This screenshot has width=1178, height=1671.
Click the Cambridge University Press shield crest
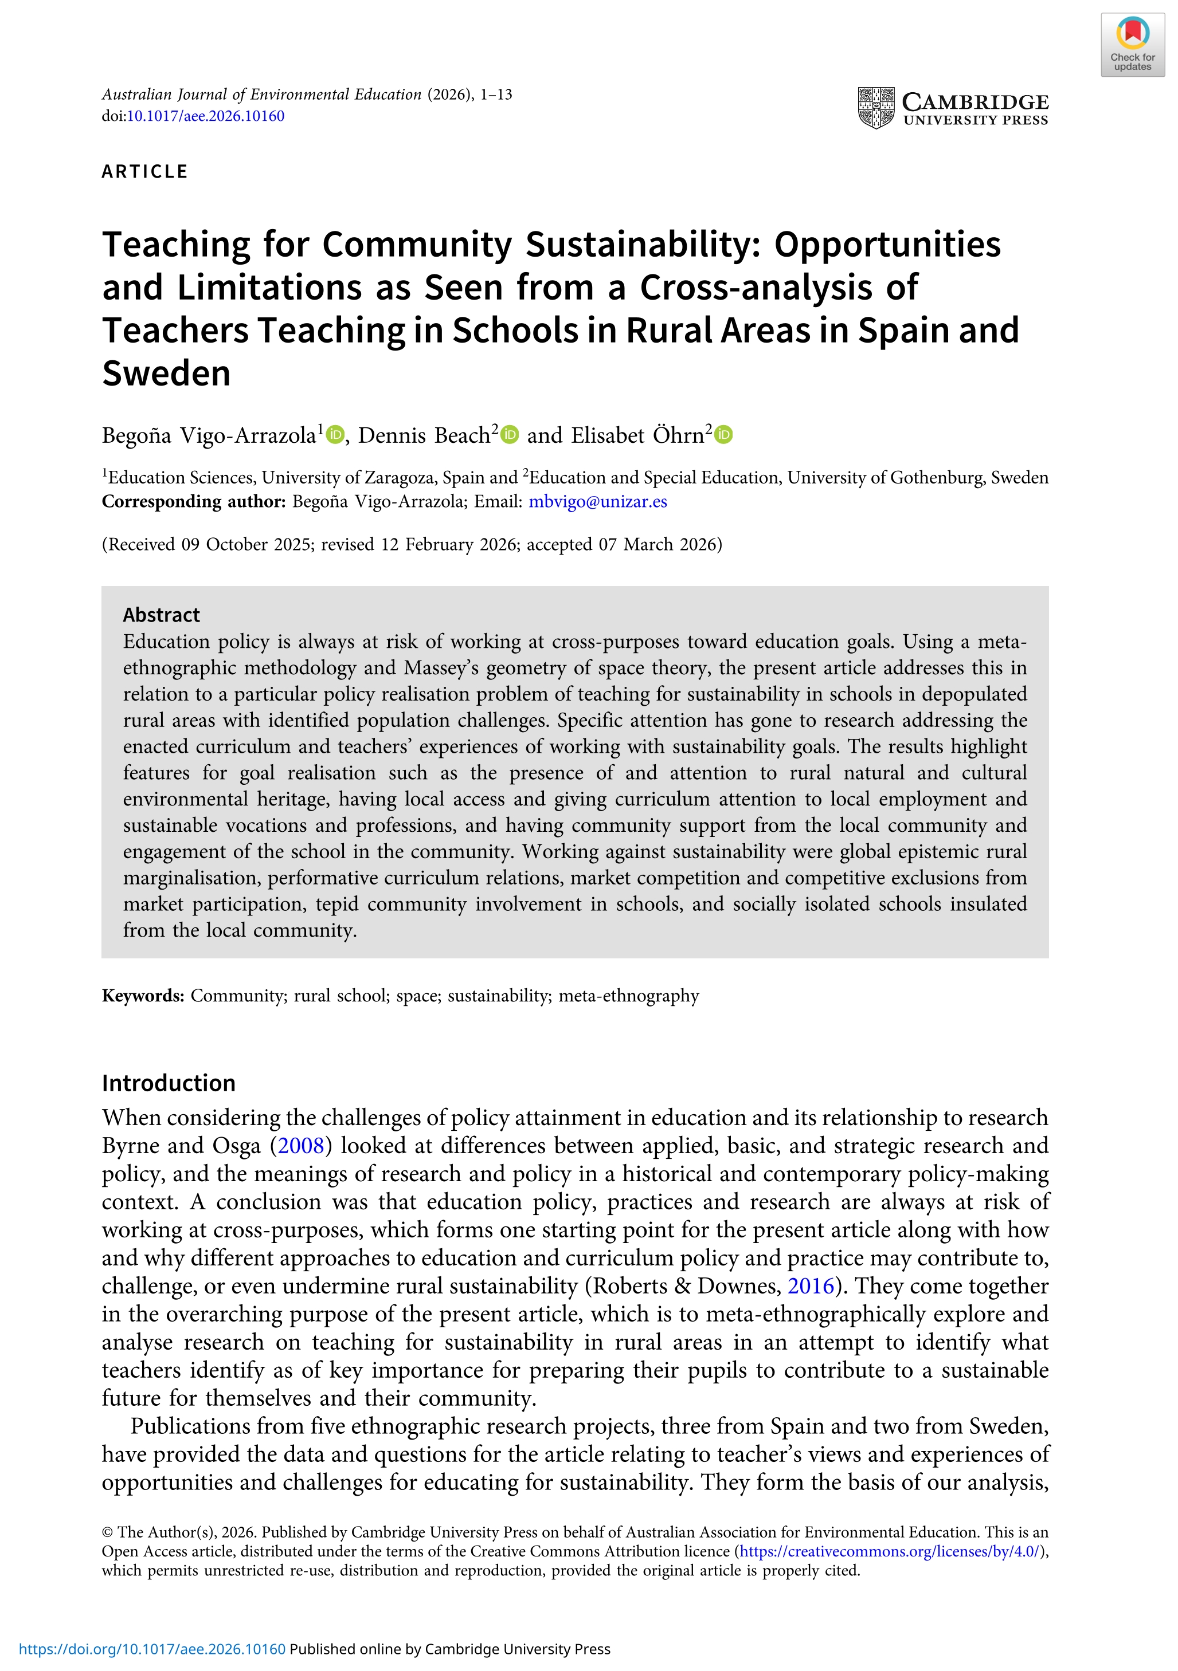pos(876,108)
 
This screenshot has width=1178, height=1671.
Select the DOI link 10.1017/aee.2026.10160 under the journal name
pos(205,116)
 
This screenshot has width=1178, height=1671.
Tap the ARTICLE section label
pos(145,172)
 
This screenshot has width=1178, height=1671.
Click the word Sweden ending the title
pos(166,374)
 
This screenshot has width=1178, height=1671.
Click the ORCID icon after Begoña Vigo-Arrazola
pos(335,434)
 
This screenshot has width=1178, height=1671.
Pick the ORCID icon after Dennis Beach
pos(510,434)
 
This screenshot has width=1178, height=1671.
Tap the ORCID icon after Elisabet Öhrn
pos(723,434)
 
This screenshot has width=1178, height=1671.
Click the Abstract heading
pos(161,615)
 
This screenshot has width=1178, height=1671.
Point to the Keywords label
pos(143,996)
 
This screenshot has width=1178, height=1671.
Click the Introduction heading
pos(168,1083)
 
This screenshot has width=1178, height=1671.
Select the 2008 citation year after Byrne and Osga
pos(301,1146)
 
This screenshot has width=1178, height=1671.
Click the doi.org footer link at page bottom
pos(152,1649)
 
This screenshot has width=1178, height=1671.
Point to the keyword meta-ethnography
pos(628,996)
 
